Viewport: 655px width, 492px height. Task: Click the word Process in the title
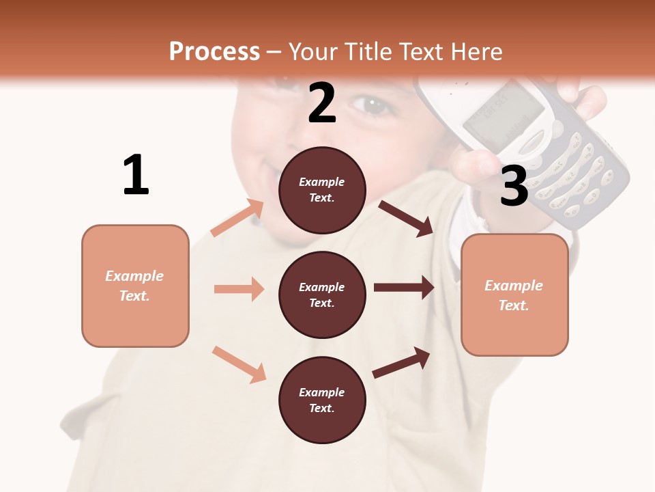(x=214, y=51)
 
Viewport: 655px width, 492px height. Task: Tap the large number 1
(x=136, y=175)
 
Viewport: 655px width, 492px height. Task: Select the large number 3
(x=514, y=186)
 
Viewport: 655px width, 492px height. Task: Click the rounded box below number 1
(x=135, y=286)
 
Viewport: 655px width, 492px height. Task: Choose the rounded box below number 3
(x=514, y=295)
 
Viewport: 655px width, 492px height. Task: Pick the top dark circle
(x=322, y=189)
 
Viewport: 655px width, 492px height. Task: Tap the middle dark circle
(x=322, y=295)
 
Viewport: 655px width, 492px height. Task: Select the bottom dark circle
(x=322, y=400)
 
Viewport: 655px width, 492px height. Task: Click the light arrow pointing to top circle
(x=237, y=218)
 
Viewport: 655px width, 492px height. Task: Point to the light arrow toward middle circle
(x=239, y=289)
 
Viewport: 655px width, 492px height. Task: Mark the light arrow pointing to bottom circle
(x=239, y=364)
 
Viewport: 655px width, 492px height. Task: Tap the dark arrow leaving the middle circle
(x=404, y=288)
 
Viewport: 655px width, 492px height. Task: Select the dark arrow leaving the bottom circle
(x=401, y=362)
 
